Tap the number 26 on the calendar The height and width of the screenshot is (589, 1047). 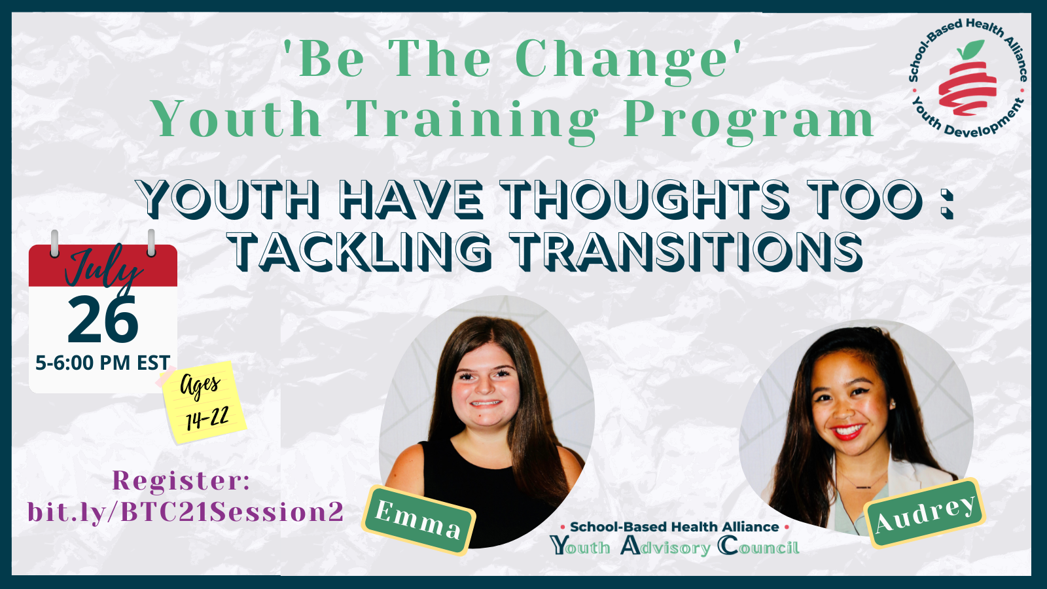[x=103, y=320]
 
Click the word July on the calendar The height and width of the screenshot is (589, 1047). [x=103, y=270]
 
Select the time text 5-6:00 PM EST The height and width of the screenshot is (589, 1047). [x=103, y=363]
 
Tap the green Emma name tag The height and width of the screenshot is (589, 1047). [x=418, y=520]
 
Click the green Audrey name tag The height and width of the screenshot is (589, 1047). [x=926, y=513]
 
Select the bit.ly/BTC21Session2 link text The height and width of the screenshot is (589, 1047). [x=186, y=512]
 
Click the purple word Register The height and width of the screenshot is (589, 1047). [x=181, y=480]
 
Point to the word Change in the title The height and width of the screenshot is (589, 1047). [x=622, y=60]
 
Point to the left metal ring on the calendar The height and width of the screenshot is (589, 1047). [x=55, y=243]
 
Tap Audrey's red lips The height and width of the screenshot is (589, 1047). [x=847, y=432]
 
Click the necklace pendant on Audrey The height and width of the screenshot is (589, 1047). [x=863, y=488]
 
